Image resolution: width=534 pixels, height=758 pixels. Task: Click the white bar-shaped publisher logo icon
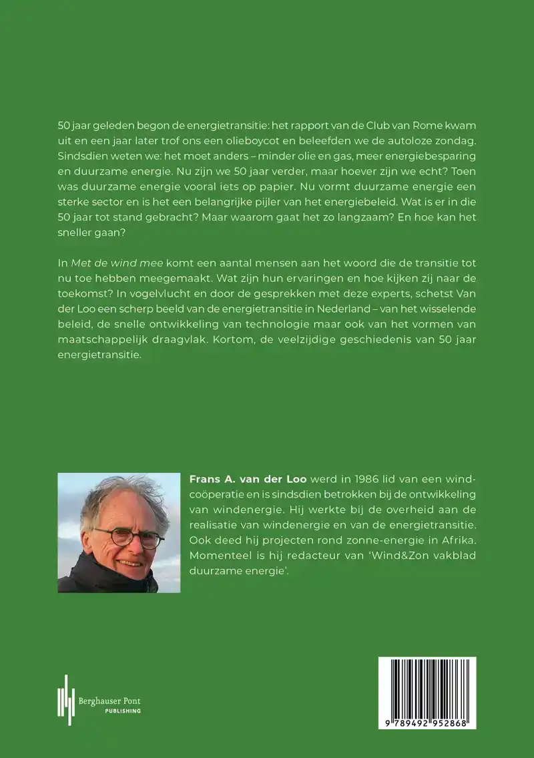(65, 699)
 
